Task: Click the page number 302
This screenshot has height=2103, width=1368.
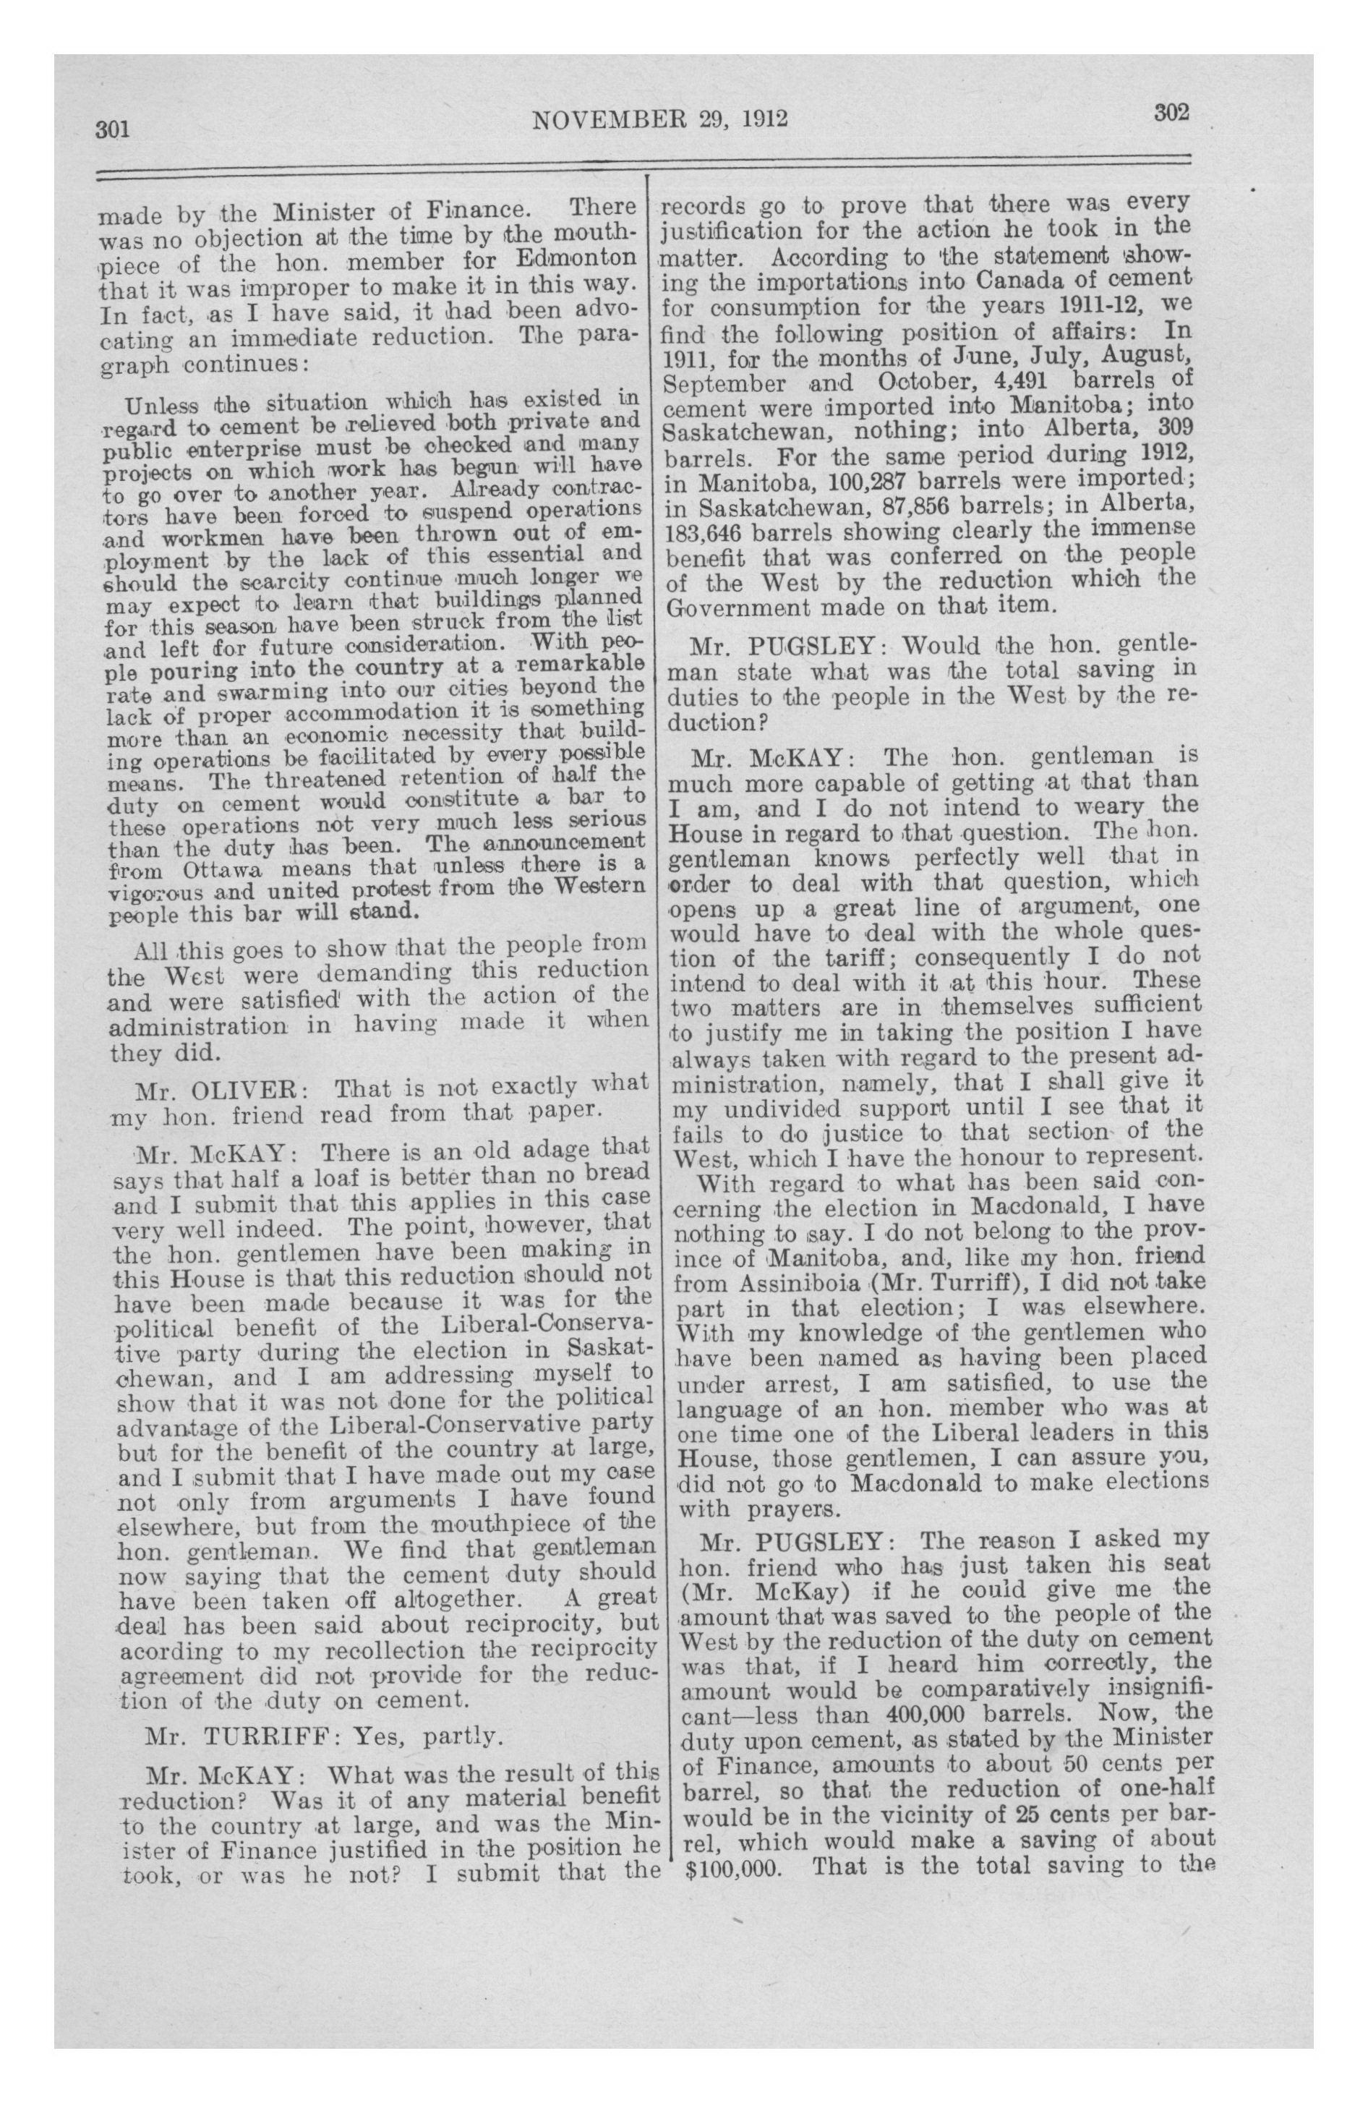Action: [1171, 112]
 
